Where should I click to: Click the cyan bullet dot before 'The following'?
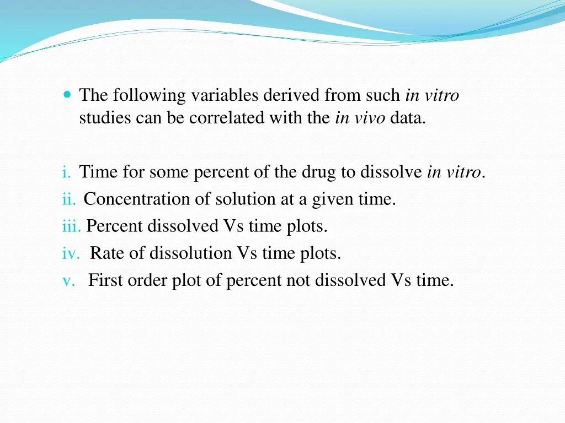[x=67, y=95]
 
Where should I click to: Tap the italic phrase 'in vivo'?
[x=360, y=118]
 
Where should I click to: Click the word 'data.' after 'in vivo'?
[x=408, y=118]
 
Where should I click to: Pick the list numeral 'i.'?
[x=67, y=172]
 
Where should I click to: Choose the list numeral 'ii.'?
[x=69, y=199]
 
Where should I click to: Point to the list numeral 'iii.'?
[x=72, y=226]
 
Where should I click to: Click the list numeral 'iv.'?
[x=71, y=253]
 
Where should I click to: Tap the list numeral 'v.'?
[x=69, y=280]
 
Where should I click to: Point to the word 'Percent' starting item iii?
[x=115, y=226]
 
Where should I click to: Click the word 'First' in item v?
[x=106, y=280]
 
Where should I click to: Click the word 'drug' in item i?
[x=319, y=172]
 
